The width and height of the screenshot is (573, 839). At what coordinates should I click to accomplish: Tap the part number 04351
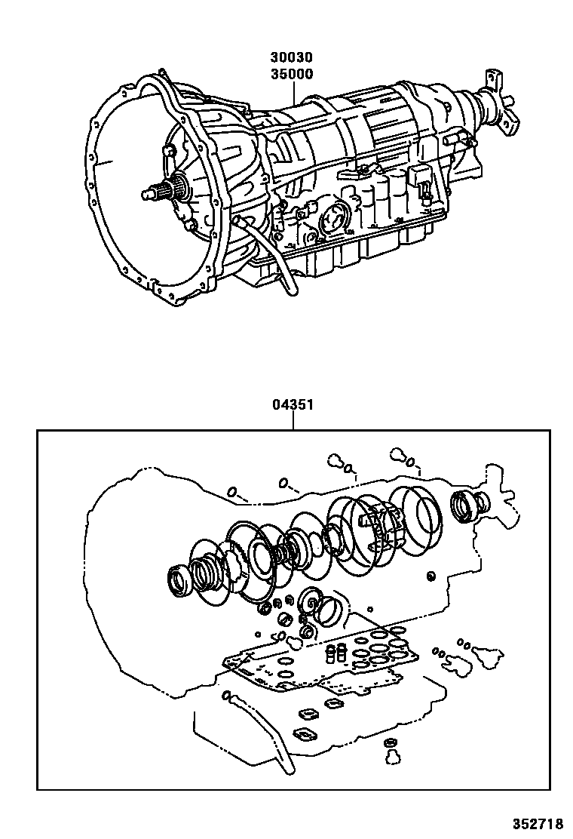[x=293, y=405]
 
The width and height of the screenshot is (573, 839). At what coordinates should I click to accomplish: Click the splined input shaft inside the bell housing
[x=161, y=190]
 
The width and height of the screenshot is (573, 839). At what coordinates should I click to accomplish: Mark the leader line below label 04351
[x=293, y=421]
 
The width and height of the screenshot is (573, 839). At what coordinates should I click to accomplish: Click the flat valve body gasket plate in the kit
[x=324, y=660]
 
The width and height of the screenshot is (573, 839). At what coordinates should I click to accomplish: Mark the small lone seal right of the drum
[x=431, y=578]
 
